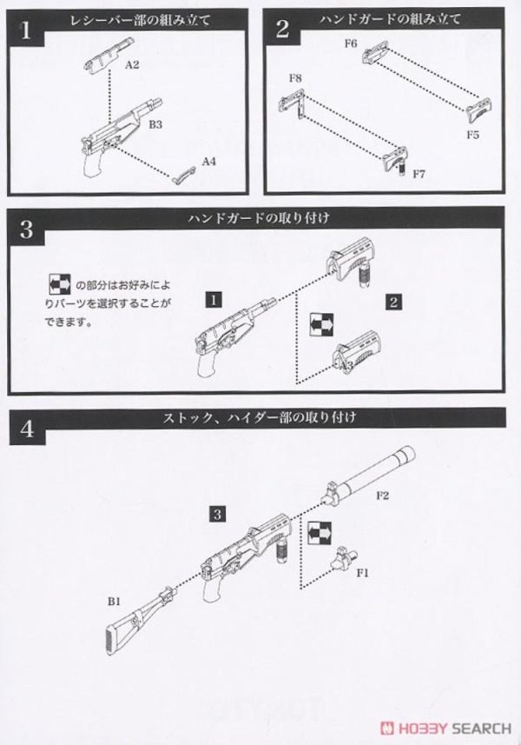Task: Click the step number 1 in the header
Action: [x=26, y=30]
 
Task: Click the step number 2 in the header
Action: [x=283, y=30]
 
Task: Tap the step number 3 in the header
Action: [x=26, y=229]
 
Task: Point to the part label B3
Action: [x=155, y=126]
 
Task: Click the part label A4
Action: [x=208, y=162]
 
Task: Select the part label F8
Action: [x=295, y=79]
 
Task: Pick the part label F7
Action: [x=419, y=174]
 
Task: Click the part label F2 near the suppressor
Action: [x=384, y=496]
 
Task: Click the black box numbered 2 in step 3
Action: [x=394, y=302]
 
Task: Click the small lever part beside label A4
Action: [x=183, y=173]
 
